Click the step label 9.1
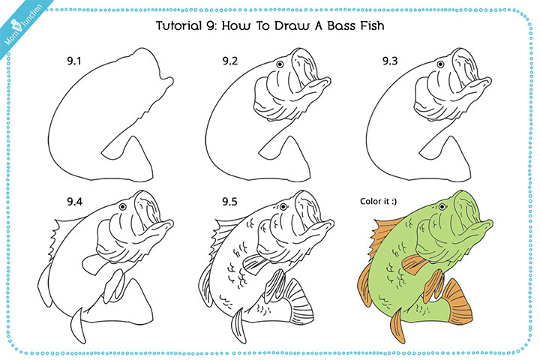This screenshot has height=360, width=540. (x=73, y=61)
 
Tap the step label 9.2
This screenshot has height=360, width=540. (x=230, y=61)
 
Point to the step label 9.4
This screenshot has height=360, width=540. (x=73, y=202)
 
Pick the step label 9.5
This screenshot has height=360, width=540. (x=230, y=202)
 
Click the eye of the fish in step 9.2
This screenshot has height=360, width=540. (x=279, y=65)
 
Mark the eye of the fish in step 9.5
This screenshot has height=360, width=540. (x=279, y=206)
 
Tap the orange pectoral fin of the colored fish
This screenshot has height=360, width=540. (x=413, y=262)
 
